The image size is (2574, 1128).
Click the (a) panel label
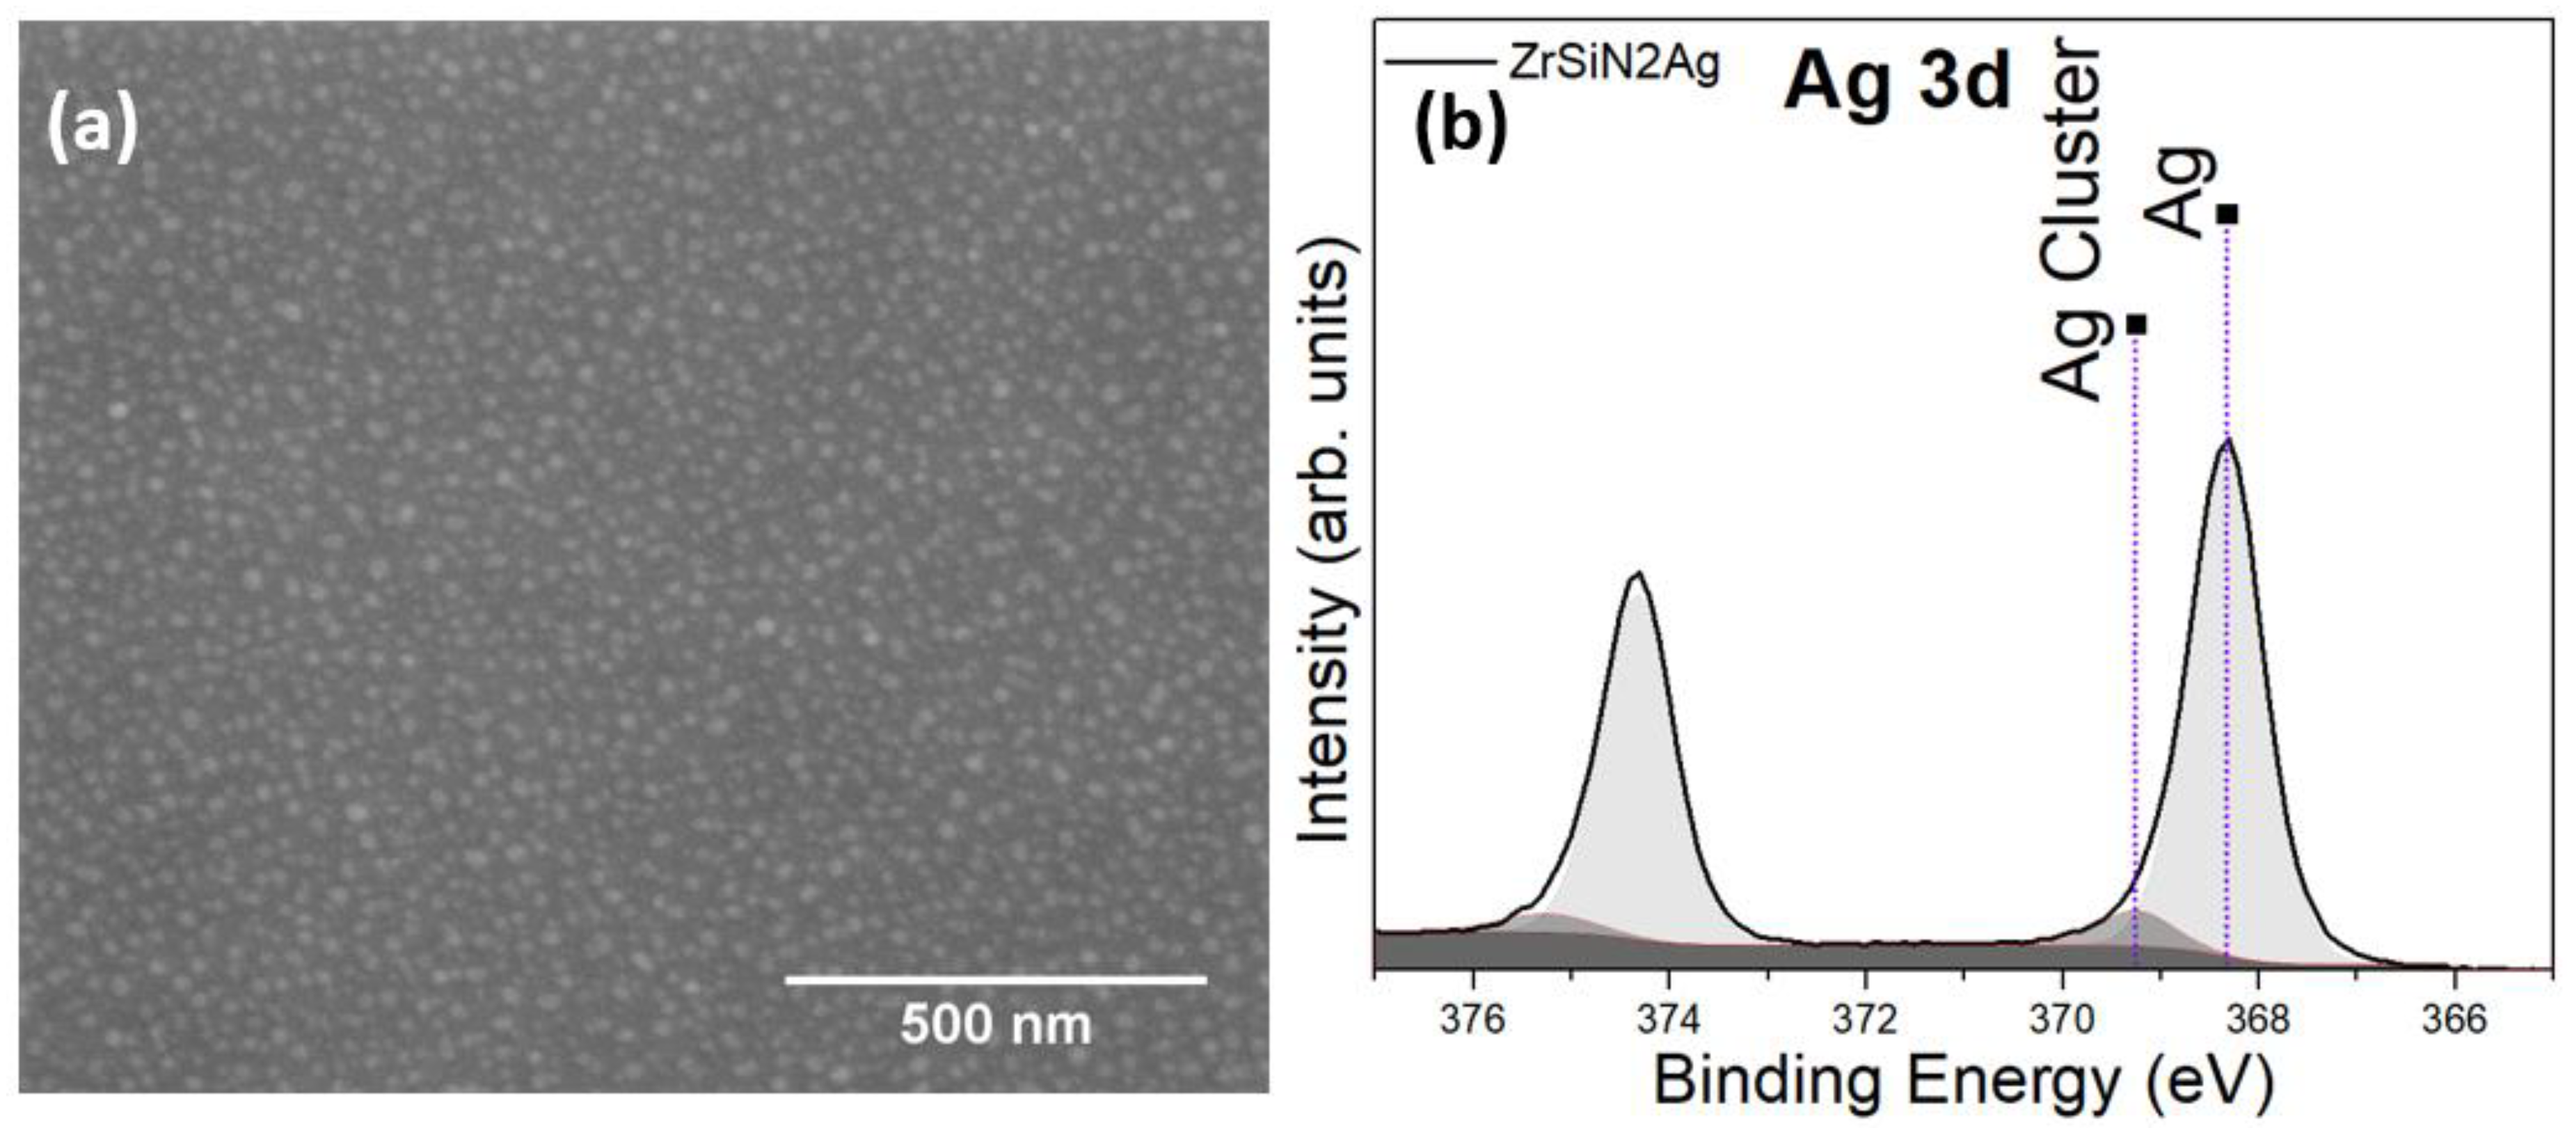92,131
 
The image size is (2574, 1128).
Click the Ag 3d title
1896,82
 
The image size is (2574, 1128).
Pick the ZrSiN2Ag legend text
1614,64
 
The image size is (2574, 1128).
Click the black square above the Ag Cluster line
2136,325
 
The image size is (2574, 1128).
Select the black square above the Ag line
2227,214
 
